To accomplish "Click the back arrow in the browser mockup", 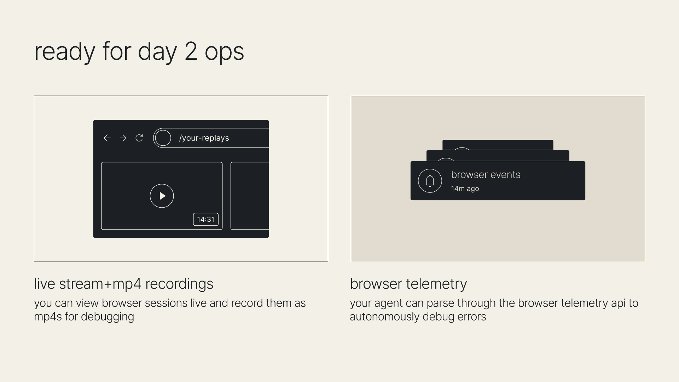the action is click(107, 138).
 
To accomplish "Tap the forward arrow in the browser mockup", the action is click(123, 138).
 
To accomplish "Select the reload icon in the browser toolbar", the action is click(139, 138).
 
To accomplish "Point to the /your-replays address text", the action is click(204, 138).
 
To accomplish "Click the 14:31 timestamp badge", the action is click(206, 219).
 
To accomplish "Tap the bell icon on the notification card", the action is click(430, 181).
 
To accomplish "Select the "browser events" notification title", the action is click(486, 174).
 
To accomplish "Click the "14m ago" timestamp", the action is click(465, 189).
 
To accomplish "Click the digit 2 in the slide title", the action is click(191, 52).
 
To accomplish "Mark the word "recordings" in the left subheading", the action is click(179, 284).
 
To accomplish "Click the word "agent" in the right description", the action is click(388, 304).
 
